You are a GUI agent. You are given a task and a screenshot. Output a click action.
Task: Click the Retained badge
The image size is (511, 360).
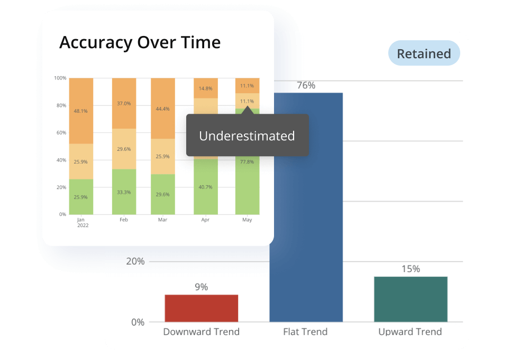pyautogui.click(x=424, y=54)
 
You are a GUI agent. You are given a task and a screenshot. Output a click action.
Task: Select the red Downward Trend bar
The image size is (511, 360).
pyautogui.click(x=201, y=308)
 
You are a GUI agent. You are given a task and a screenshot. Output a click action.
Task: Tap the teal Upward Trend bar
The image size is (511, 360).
pyautogui.click(x=410, y=299)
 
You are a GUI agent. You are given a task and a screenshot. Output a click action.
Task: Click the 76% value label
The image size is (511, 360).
pyautogui.click(x=306, y=85)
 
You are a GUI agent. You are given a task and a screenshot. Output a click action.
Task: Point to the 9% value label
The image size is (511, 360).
pyautogui.click(x=201, y=287)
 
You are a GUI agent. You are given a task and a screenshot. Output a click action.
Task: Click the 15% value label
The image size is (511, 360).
pyautogui.click(x=410, y=269)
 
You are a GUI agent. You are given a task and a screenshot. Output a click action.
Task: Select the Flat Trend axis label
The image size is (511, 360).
pyautogui.click(x=305, y=332)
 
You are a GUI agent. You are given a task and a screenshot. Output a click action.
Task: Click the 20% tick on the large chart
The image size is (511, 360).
pyautogui.click(x=135, y=262)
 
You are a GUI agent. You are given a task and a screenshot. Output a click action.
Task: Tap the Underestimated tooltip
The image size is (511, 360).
pyautogui.click(x=247, y=136)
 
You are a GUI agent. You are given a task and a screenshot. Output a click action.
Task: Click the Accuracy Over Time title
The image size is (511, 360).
pyautogui.click(x=140, y=42)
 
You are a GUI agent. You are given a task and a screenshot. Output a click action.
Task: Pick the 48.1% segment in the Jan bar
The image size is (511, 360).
pyautogui.click(x=81, y=111)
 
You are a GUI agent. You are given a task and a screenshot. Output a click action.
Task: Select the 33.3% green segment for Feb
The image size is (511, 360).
pyautogui.click(x=124, y=192)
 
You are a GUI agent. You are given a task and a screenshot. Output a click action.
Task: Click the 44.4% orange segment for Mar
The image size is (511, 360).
pyautogui.click(x=163, y=109)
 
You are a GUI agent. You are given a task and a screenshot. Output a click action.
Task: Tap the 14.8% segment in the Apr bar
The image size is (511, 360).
pyautogui.click(x=206, y=88)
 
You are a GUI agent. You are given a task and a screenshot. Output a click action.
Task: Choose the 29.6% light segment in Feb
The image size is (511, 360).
pyautogui.click(x=124, y=149)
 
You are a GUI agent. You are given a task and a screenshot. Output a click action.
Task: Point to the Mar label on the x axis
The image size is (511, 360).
pyautogui.click(x=163, y=220)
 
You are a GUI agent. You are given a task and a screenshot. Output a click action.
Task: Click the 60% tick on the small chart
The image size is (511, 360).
pyautogui.click(x=60, y=133)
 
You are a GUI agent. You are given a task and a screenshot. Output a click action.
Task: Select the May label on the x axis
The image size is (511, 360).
pyautogui.click(x=247, y=220)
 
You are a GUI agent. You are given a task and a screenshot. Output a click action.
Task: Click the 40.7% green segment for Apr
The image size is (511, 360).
pyautogui.click(x=206, y=187)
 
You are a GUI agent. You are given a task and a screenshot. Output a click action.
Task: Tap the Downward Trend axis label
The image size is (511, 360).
pyautogui.click(x=201, y=332)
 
